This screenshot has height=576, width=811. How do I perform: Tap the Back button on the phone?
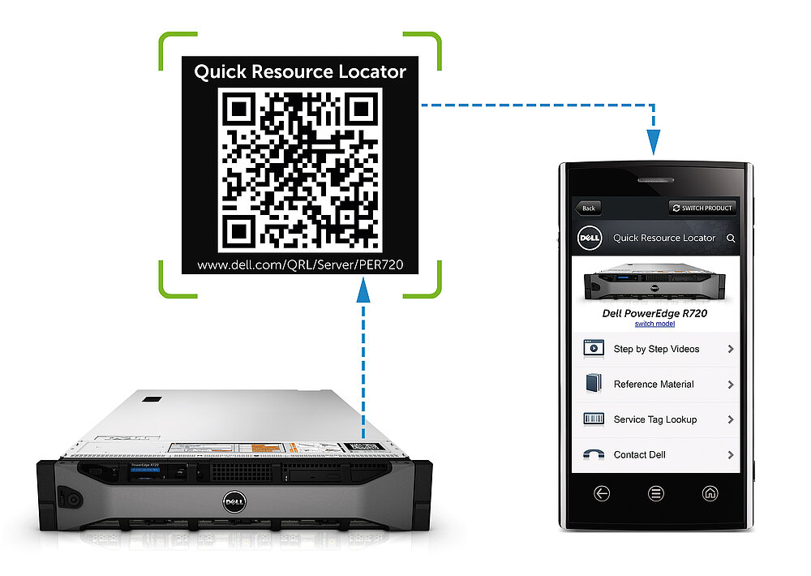[588, 208]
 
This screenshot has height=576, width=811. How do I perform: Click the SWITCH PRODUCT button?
[702, 208]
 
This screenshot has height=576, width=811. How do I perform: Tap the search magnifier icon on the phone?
[731, 239]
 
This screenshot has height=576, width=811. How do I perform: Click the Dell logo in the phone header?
[588, 238]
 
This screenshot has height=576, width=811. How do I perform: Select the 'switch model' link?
[654, 324]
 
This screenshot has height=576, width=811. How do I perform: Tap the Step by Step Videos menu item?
[656, 349]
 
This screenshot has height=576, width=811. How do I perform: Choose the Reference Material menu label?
[654, 385]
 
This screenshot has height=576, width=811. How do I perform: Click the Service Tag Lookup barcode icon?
[594, 419]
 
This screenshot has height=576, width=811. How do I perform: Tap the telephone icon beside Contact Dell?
[594, 455]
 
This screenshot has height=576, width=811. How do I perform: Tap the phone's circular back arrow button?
[602, 493]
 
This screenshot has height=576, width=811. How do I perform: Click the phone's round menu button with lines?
[655, 493]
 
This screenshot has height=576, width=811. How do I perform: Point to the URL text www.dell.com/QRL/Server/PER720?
[300, 264]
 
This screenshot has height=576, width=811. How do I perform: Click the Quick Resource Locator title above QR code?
[300, 71]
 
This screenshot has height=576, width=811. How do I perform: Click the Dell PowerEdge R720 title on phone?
[655, 312]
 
